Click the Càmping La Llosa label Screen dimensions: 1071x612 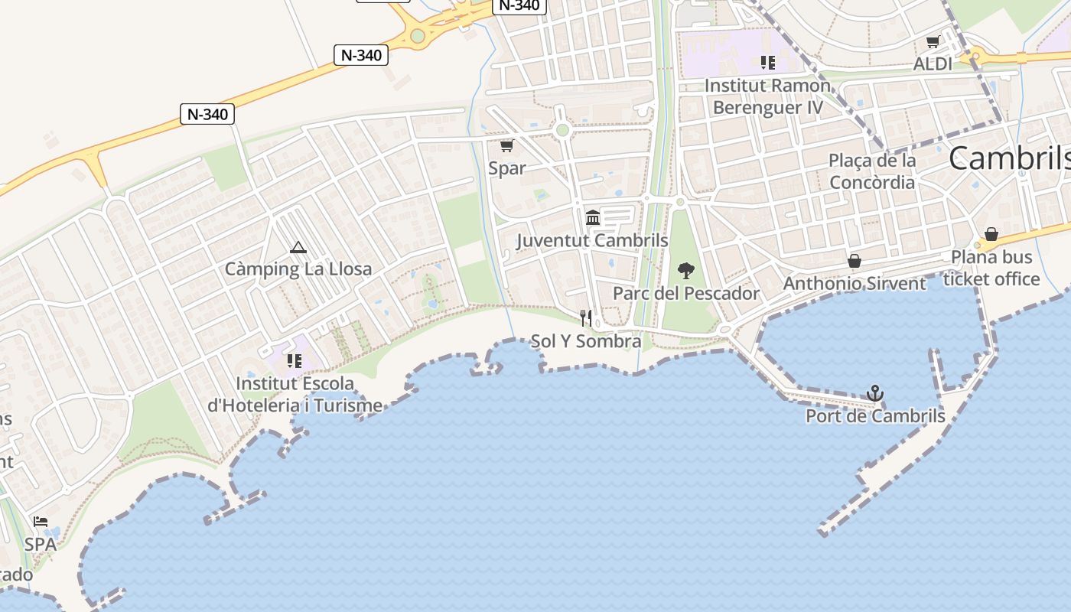coord(298,269)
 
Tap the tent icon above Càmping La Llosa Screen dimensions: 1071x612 coord(298,247)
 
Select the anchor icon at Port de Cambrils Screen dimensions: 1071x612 coord(875,394)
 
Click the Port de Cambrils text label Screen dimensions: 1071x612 coord(875,417)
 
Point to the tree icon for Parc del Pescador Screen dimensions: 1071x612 coord(685,270)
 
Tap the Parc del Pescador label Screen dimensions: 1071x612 coord(685,294)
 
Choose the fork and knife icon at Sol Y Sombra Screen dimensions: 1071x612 coord(586,317)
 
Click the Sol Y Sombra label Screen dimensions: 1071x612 coord(586,341)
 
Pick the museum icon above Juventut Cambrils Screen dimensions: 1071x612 coord(592,218)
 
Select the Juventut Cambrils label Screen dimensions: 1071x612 coord(592,240)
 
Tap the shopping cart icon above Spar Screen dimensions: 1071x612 coord(506,145)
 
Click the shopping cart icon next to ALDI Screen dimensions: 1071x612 coord(933,42)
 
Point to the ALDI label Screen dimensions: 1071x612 coord(933,64)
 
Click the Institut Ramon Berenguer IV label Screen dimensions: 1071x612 coord(767,96)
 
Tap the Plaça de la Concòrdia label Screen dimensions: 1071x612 coord(872,171)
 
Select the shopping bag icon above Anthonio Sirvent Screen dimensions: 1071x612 coord(855,262)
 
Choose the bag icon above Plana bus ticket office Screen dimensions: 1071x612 coord(991,234)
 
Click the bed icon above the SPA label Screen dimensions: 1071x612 coord(41,522)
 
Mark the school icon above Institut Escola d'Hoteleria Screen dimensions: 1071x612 coord(294,360)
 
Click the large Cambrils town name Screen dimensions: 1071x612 coord(1009,158)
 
